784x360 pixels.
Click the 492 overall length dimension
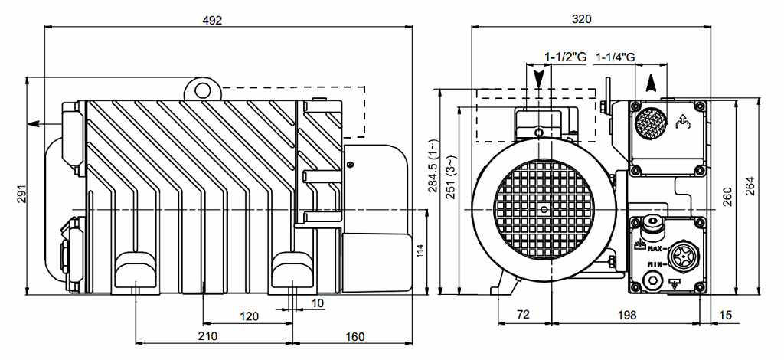213,21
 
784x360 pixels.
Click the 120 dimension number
250,316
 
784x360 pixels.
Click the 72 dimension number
522,316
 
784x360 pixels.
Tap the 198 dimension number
626,316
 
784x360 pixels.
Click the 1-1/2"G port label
565,57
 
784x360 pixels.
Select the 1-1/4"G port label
616,57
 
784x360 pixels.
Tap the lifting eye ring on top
202,90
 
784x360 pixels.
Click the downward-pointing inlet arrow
541,77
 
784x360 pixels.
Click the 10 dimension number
318,303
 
